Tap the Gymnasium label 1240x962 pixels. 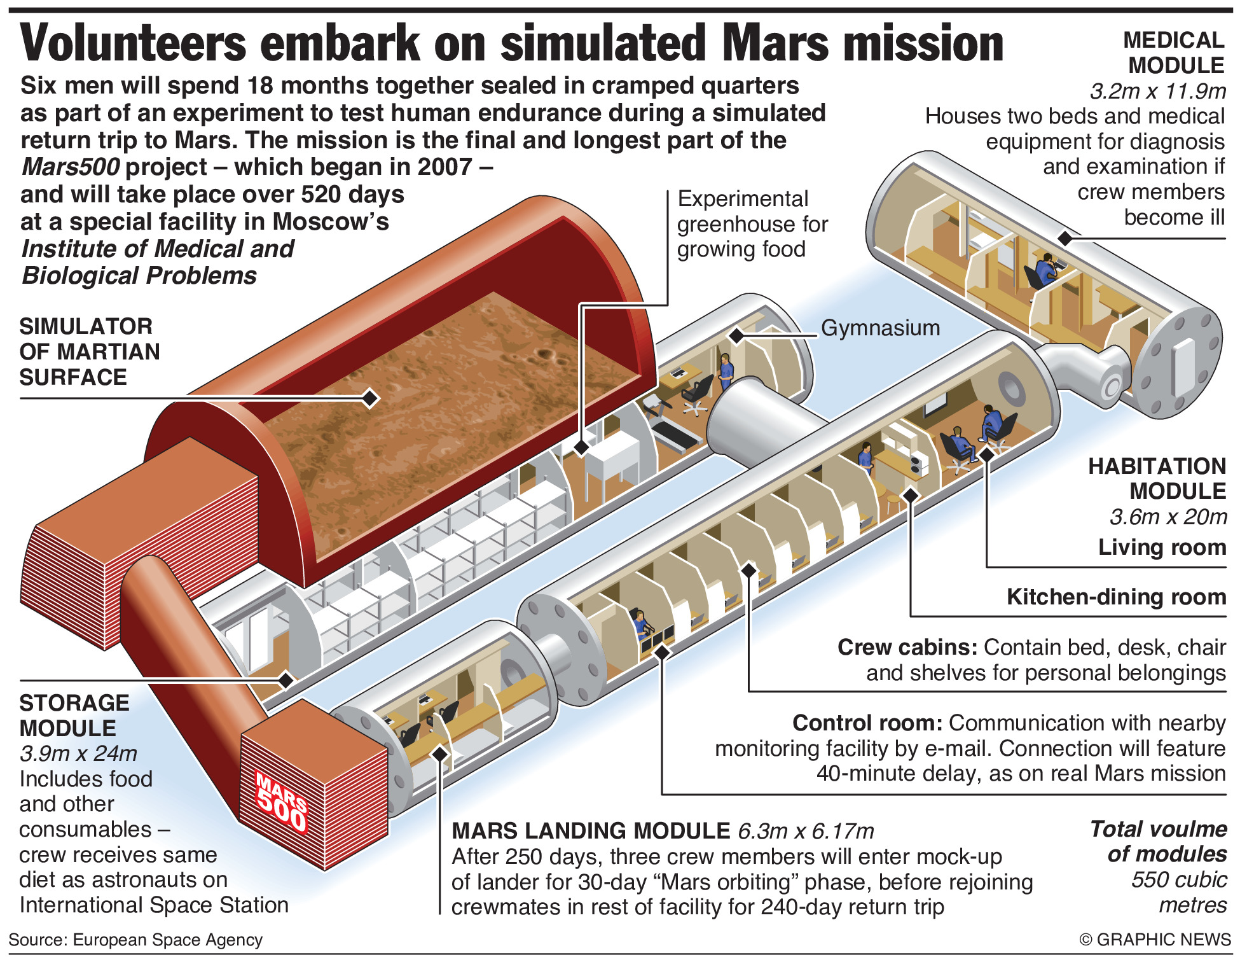click(x=880, y=328)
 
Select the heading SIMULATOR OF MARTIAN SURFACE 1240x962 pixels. click(x=89, y=352)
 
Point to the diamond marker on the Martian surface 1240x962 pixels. click(x=370, y=399)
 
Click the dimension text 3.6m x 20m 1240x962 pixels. click(x=1168, y=517)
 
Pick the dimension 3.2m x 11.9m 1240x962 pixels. click(x=1157, y=91)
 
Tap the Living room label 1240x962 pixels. click(x=1162, y=547)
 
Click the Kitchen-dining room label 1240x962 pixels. click(x=1116, y=597)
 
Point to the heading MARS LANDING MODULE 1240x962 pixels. click(x=591, y=831)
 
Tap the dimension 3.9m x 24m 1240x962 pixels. click(x=78, y=753)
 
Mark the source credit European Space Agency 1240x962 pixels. click(x=167, y=940)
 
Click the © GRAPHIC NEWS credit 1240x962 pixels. click(x=1155, y=940)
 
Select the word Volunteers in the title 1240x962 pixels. click(x=133, y=43)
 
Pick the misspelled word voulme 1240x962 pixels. click(x=1193, y=829)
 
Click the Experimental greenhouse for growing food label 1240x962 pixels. click(x=752, y=224)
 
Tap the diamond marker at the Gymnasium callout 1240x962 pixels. click(x=736, y=335)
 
